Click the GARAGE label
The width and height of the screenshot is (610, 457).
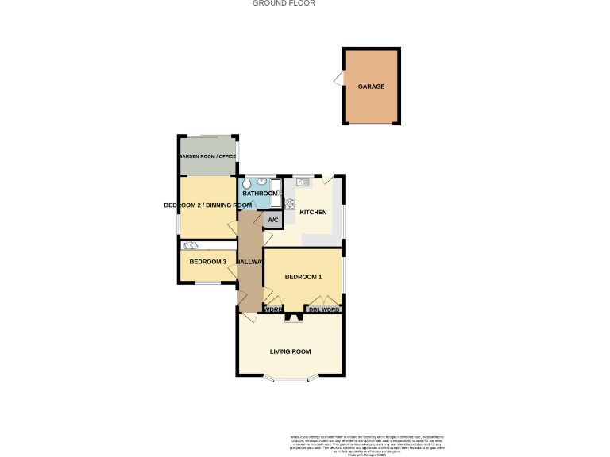click(371, 86)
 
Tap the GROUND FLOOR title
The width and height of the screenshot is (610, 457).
click(284, 3)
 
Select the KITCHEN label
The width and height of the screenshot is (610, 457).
click(313, 213)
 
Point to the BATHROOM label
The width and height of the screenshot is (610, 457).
click(259, 194)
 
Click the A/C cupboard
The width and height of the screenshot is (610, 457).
click(272, 220)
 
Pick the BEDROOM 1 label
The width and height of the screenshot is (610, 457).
click(303, 277)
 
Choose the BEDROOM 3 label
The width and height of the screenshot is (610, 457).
click(207, 262)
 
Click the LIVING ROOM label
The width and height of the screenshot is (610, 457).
click(290, 351)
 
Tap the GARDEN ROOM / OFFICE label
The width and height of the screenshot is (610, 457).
click(207, 157)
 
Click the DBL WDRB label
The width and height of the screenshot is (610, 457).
click(324, 309)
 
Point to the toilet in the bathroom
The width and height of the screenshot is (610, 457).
click(245, 191)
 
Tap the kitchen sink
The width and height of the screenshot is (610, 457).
click(303, 182)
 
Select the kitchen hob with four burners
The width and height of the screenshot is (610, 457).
click(290, 203)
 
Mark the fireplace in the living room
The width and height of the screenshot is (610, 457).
click(295, 317)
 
